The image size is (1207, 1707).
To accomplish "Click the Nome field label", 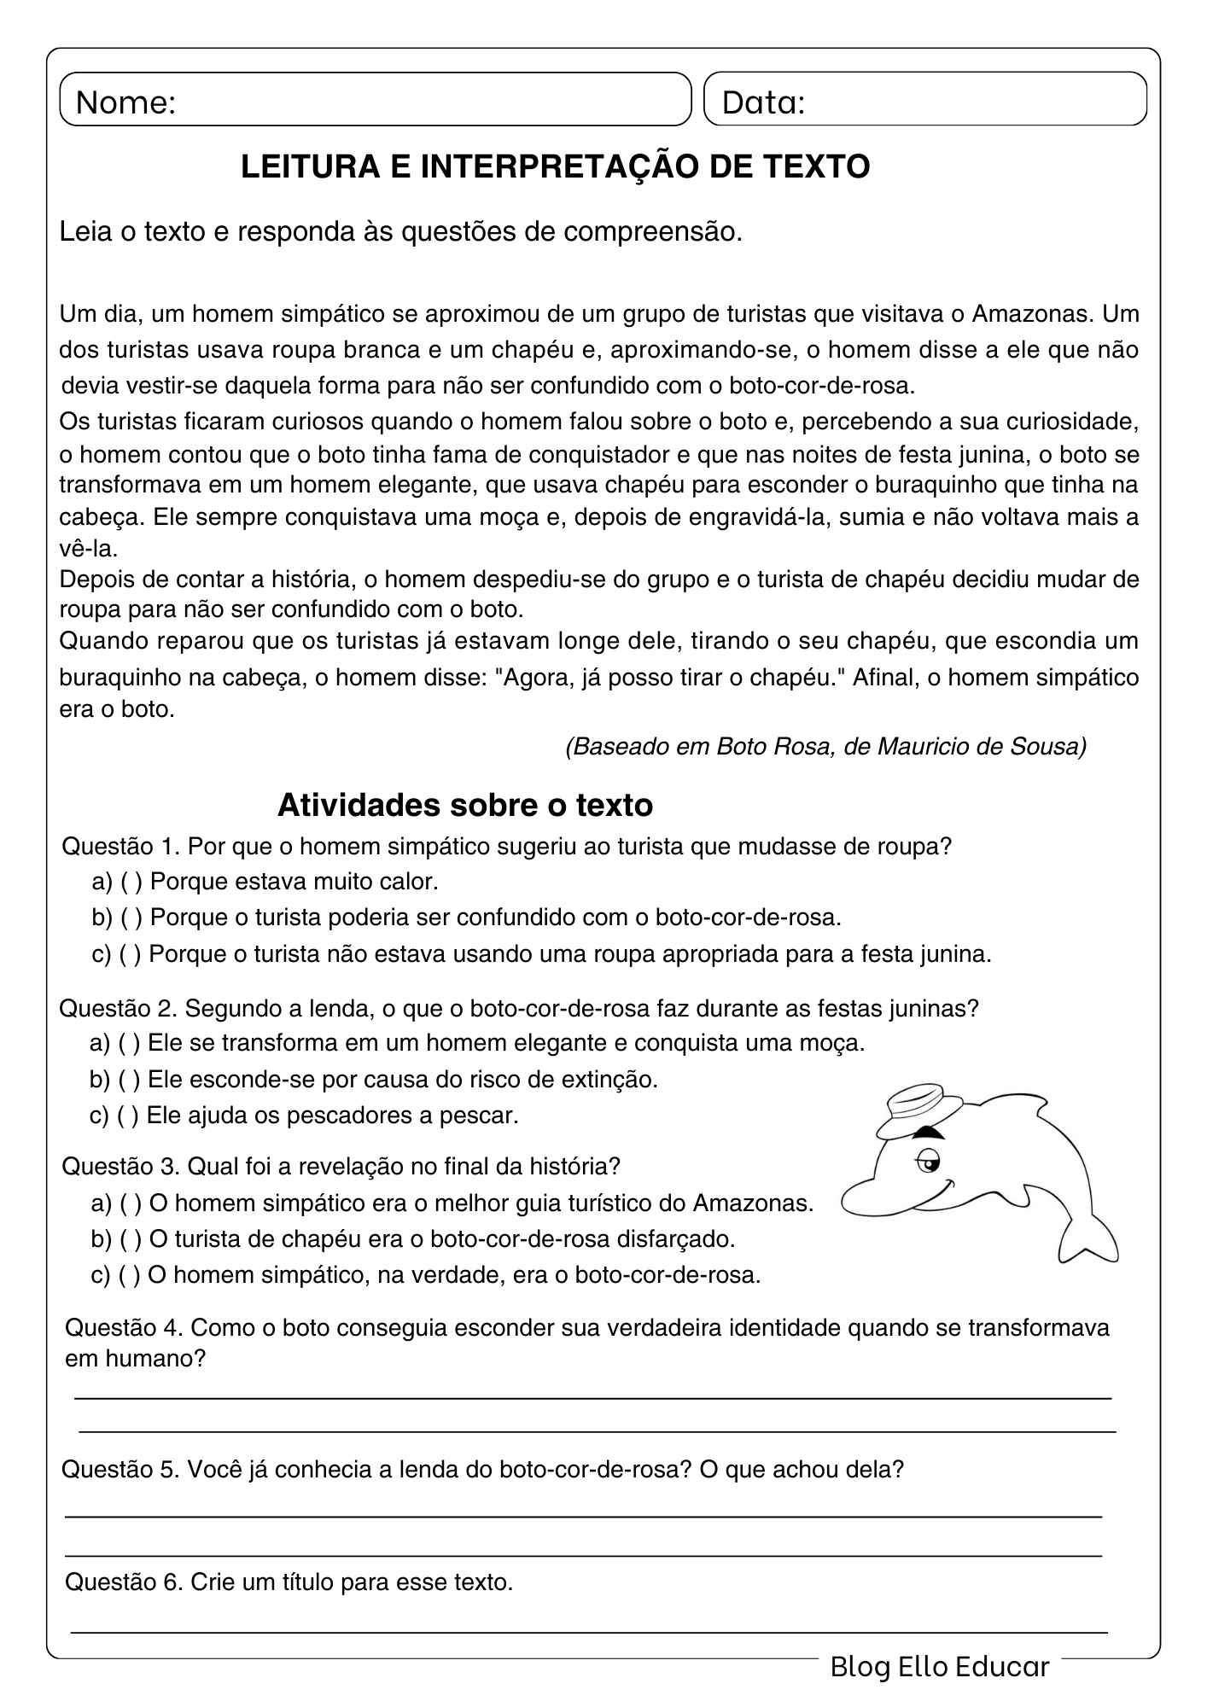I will pyautogui.click(x=125, y=102).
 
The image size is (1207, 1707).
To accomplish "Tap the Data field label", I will pyautogui.click(x=762, y=102).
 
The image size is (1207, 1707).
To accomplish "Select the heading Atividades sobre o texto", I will pyautogui.click(x=464, y=804).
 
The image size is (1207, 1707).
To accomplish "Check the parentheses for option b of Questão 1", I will pyautogui.click(x=131, y=918).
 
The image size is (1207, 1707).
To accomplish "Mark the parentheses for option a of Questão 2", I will pyautogui.click(x=130, y=1043).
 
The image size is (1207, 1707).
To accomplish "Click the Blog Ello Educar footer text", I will pyautogui.click(x=939, y=1666).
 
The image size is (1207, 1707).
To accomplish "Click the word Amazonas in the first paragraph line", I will pyautogui.click(x=1032, y=314).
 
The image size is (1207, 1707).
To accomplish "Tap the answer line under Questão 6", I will pyautogui.click(x=589, y=1631).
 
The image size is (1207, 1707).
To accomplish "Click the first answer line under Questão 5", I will pyautogui.click(x=584, y=1516).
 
